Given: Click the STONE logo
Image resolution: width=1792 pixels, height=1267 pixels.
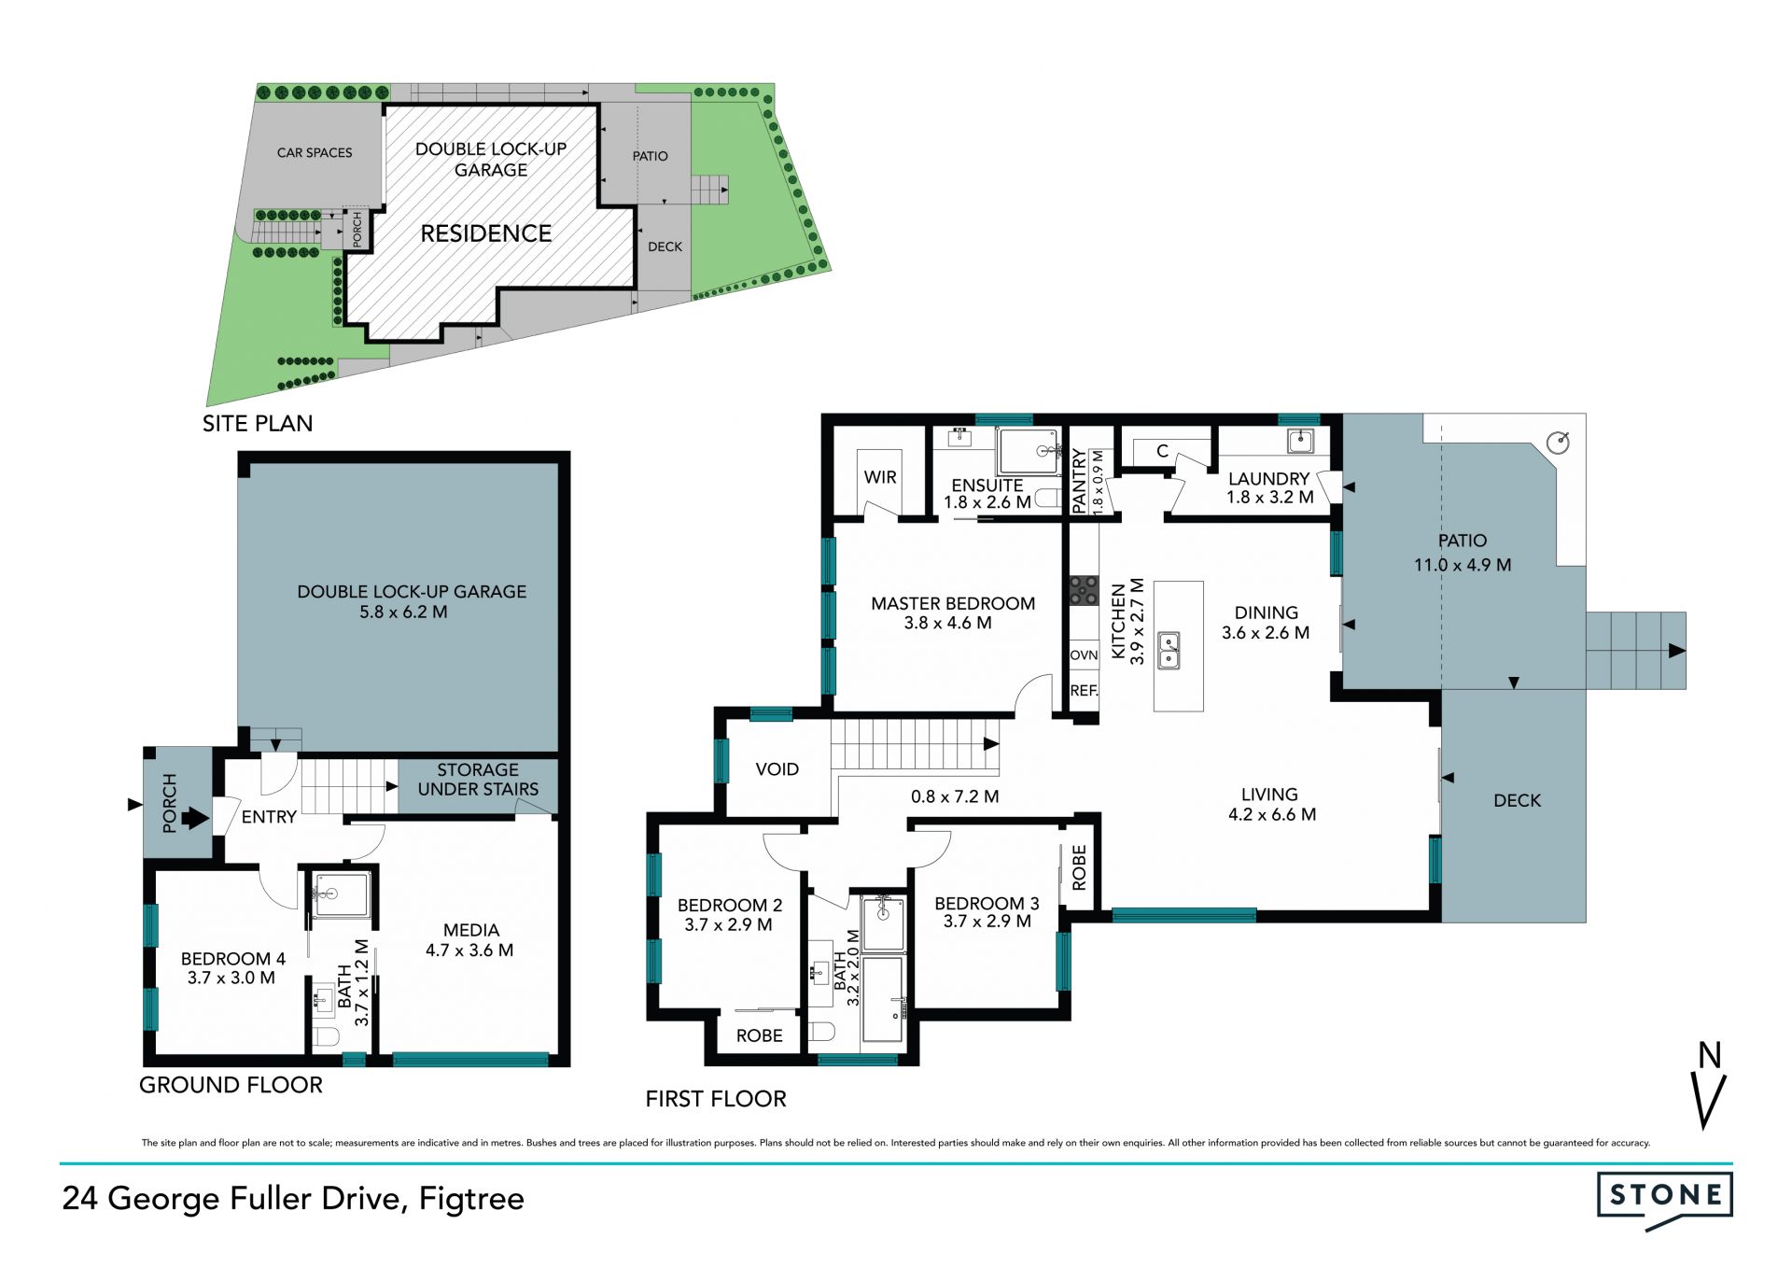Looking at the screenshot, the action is click(1665, 1200).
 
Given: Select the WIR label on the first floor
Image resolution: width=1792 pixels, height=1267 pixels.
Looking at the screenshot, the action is click(880, 477).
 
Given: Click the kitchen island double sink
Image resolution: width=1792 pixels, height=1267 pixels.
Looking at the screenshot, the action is click(1168, 650).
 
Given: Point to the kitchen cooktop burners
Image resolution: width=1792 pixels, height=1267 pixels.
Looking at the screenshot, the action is click(1084, 591).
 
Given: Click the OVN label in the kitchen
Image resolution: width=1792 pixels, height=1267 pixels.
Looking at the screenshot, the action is click(1084, 655).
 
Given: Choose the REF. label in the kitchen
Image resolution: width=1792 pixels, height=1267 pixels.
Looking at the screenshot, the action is click(1084, 691).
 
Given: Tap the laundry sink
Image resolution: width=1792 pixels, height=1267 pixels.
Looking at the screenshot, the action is click(1299, 441).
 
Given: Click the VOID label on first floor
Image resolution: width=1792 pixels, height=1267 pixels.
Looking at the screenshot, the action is click(777, 769).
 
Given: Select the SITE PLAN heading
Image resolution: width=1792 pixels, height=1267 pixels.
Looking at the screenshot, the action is click(258, 423).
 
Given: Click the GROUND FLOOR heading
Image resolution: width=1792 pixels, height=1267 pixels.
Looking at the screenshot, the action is click(231, 1085).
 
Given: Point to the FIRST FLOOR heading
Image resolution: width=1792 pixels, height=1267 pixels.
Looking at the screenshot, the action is click(716, 1099).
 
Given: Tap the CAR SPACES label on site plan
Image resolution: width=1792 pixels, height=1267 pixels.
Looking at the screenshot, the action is click(315, 152).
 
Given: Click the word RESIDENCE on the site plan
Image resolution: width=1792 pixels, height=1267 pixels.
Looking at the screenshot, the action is click(486, 233).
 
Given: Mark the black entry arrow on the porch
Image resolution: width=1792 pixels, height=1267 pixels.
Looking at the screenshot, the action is click(195, 819).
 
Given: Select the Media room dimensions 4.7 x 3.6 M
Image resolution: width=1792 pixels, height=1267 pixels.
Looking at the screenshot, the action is click(469, 950).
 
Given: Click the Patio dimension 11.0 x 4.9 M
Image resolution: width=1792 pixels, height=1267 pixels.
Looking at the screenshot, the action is click(1463, 565).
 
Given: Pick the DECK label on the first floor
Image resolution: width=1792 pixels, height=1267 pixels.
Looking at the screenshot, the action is click(1518, 800).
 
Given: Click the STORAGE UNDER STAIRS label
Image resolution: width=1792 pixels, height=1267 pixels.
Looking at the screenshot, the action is click(478, 780).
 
